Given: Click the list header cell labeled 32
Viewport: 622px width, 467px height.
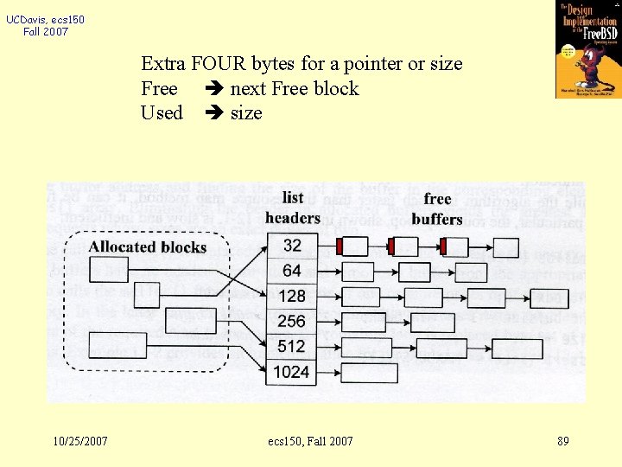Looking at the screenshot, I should coord(292,246).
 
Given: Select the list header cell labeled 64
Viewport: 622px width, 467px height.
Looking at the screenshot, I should coord(292,272).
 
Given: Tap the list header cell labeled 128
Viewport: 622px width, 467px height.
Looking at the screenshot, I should coord(292,297).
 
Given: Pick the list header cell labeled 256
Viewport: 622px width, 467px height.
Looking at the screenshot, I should coord(292,321).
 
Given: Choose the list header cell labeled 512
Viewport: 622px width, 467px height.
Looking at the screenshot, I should coord(292,347).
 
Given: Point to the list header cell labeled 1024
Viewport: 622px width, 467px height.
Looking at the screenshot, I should coord(292,372).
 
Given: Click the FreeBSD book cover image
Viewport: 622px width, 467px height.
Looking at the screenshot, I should coord(587,48).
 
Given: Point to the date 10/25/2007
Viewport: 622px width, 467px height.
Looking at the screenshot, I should coord(80,442).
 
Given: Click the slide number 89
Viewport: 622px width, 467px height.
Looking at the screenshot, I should coord(563,442).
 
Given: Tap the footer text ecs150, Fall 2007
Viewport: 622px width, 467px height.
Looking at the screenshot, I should coord(311,442).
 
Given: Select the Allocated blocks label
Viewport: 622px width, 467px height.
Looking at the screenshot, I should coord(147,247).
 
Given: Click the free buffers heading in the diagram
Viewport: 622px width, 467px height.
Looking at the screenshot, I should coord(437,209).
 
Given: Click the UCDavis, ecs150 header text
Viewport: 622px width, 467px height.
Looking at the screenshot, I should coord(46,20).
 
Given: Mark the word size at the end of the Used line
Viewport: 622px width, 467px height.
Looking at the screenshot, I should coord(246,113).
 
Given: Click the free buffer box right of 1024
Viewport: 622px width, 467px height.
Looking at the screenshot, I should coord(369,373).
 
